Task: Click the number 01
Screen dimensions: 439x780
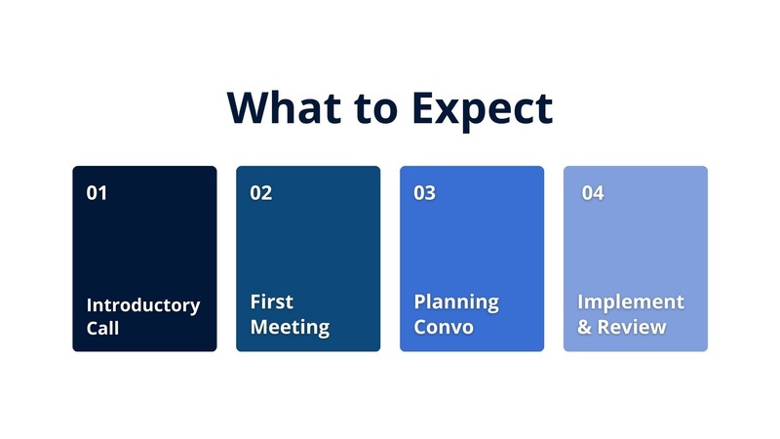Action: [97, 193]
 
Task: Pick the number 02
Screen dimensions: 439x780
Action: [260, 193]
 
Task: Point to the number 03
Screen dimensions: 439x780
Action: [424, 193]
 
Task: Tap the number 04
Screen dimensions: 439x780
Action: [593, 193]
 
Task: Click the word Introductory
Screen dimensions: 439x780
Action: [142, 305]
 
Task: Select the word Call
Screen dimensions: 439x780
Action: [102, 329]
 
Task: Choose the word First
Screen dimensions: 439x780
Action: [271, 302]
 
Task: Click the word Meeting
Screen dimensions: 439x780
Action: [290, 328]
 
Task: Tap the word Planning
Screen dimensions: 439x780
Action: [455, 302]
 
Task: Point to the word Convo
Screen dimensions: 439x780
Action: [444, 327]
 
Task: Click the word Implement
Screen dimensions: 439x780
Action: [630, 302]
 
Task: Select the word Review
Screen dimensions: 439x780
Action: [632, 327]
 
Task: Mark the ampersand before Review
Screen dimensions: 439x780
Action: [584, 327]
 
